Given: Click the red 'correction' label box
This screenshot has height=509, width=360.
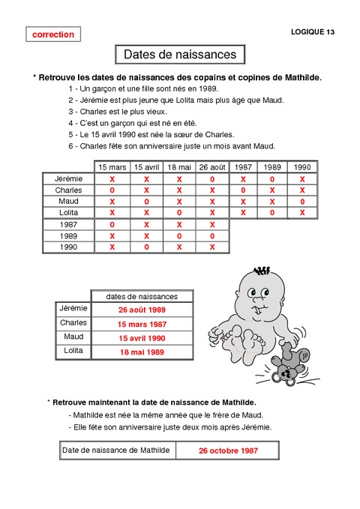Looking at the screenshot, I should [53, 34].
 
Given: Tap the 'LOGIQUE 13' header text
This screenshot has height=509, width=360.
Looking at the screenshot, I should [313, 31].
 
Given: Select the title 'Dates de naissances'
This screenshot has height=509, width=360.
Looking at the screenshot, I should [180, 55].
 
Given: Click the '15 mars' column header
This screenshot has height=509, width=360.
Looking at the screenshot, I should [112, 167].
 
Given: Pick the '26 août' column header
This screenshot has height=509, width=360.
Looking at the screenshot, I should [212, 167].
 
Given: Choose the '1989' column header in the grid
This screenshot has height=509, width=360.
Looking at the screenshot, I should [272, 167].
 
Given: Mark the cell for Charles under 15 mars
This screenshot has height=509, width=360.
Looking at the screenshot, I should [112, 190].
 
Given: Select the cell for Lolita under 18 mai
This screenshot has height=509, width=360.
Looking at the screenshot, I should [180, 213].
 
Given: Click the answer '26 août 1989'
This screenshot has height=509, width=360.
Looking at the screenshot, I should [141, 310].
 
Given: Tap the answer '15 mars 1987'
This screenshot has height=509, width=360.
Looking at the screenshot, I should [141, 324].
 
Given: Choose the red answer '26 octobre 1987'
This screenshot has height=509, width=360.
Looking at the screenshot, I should [227, 451].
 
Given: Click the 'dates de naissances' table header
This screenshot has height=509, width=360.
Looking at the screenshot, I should [142, 295].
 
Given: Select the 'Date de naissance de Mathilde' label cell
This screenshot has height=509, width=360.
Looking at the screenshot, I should [115, 450].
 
